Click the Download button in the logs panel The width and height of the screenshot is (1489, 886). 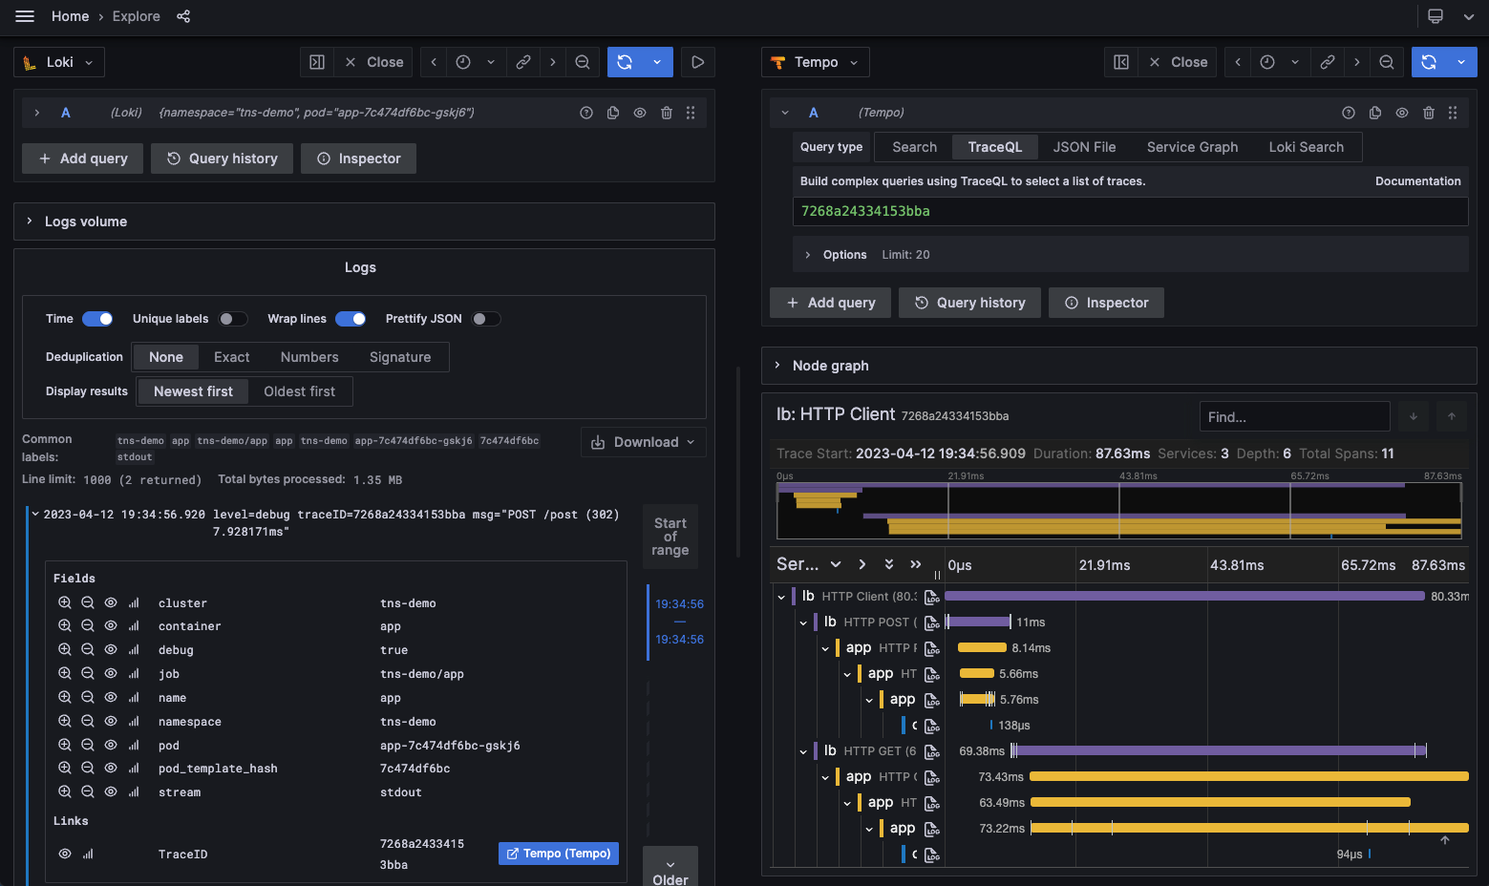point(643,442)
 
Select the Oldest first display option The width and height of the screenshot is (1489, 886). point(299,391)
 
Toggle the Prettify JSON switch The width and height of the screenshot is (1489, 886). point(485,319)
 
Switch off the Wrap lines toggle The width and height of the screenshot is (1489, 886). point(351,319)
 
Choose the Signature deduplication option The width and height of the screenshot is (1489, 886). point(399,357)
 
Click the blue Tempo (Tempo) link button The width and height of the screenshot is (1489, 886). point(559,854)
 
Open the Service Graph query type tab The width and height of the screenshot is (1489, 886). point(1192,147)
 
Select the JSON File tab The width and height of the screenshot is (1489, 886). point(1084,147)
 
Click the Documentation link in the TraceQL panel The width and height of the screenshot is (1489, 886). point(1417,181)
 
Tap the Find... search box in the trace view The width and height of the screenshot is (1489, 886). point(1293,417)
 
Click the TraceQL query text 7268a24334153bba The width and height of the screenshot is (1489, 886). point(865,211)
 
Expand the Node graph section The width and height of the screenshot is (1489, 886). point(830,366)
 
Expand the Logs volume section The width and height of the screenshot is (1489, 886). point(85,221)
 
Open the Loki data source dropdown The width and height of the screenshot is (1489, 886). point(59,62)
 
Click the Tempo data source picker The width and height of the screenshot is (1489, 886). point(816,62)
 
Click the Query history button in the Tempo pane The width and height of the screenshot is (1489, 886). point(970,303)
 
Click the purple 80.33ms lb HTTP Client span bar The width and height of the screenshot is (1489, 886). point(1184,597)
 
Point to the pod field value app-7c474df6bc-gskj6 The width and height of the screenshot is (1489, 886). point(450,746)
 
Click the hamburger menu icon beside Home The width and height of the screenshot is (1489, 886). point(25,16)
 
